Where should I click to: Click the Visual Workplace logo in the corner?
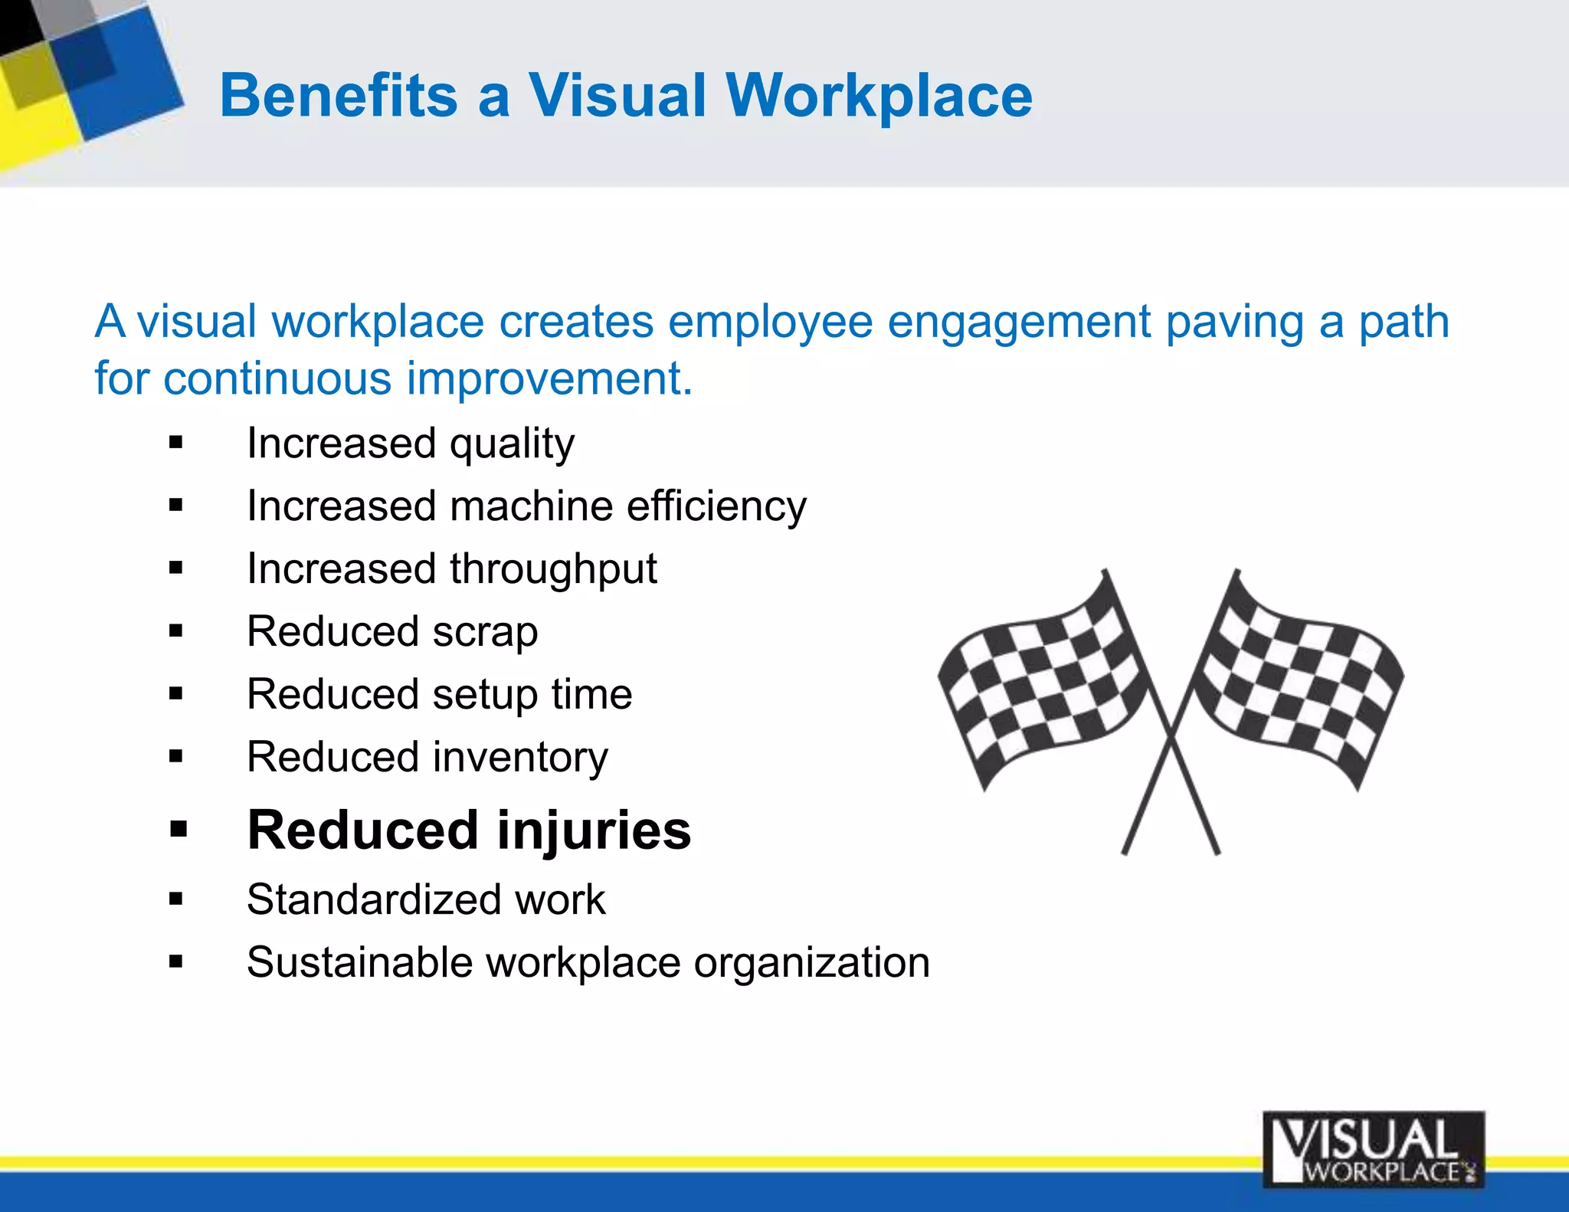coord(1373,1149)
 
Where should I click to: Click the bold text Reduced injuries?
coord(469,830)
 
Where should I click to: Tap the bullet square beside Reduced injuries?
coord(178,830)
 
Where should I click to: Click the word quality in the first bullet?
coord(511,444)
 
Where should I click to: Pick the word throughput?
coord(552,569)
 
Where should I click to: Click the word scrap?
coord(484,633)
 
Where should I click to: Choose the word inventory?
coord(520,758)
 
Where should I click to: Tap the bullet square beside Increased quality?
coord(176,443)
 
